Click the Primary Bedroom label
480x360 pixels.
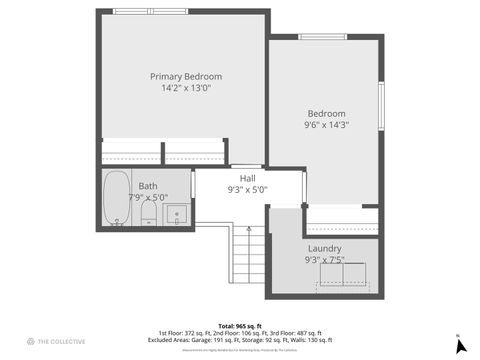point(186,76)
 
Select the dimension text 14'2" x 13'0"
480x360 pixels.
point(186,88)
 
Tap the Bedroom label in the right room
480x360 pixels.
point(326,113)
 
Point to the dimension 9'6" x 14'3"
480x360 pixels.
point(326,125)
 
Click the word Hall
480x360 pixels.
point(247,178)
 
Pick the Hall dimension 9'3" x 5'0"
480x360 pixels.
point(247,189)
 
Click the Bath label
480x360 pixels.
point(148,186)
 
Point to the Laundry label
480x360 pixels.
point(325,248)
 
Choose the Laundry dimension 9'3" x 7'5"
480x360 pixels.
point(325,260)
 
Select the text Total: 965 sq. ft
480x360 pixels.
point(239,326)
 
